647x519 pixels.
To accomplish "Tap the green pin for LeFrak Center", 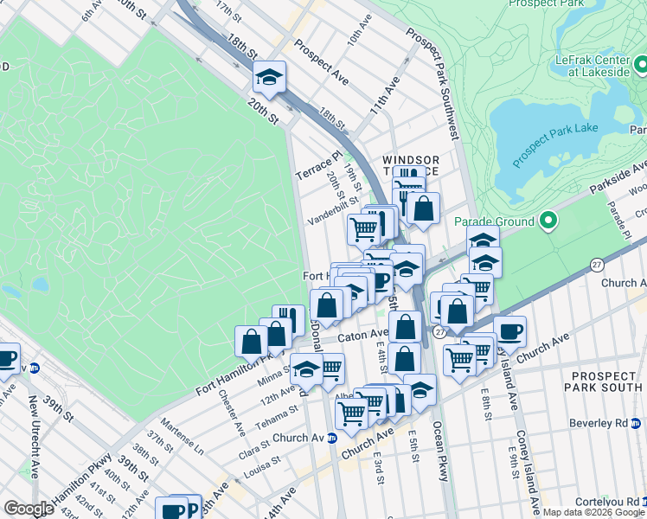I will point(640,65).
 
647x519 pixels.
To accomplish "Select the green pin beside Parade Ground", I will point(547,221).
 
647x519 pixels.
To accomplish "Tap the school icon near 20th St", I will point(269,79).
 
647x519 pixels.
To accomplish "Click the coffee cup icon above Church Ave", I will point(509,330).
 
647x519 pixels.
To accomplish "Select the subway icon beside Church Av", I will point(331,438).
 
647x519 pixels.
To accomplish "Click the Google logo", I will point(29,509).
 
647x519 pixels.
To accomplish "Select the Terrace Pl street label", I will point(313,165).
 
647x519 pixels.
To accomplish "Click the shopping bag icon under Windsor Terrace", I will point(424,208).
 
